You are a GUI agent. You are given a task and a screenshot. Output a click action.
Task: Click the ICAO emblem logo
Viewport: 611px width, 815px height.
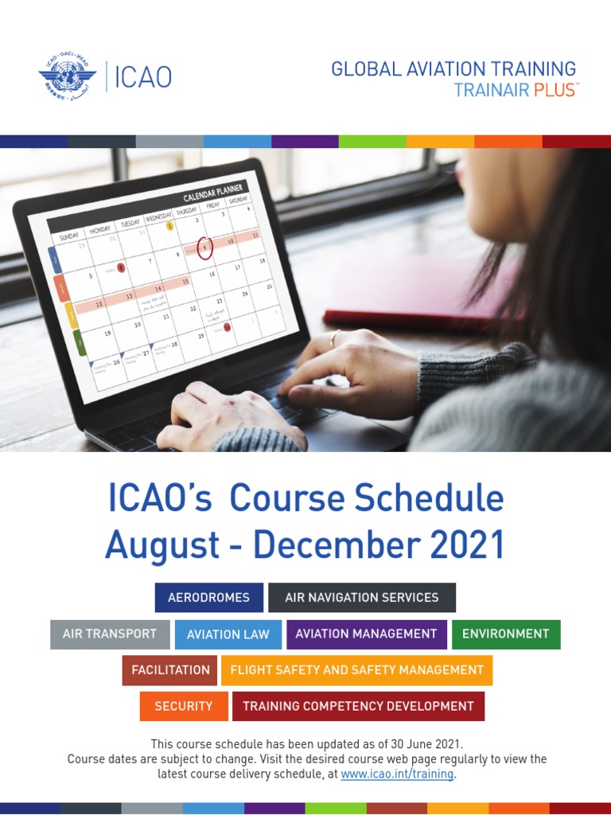click(x=67, y=78)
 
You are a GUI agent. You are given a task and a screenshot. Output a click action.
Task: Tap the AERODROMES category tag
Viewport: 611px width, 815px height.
click(x=208, y=598)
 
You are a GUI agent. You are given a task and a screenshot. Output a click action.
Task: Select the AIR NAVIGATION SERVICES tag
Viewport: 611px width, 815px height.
click(x=361, y=598)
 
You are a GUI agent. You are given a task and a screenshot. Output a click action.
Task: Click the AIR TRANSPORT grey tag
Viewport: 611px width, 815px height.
click(x=110, y=634)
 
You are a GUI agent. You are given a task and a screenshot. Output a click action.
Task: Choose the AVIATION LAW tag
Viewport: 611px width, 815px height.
click(x=228, y=634)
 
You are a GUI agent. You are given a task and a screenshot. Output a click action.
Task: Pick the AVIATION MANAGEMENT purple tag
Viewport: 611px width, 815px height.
click(x=366, y=634)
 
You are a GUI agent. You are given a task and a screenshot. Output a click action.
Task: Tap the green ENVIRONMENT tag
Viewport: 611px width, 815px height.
click(x=505, y=634)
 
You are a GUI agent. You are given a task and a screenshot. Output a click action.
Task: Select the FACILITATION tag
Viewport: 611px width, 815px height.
click(x=170, y=670)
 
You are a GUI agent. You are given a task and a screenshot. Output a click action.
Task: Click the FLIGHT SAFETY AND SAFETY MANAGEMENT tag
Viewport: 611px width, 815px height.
click(x=356, y=670)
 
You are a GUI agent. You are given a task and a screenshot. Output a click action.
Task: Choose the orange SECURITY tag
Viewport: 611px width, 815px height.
click(x=183, y=706)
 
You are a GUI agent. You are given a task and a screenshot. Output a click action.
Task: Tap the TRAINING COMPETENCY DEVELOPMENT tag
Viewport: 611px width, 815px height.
click(x=358, y=706)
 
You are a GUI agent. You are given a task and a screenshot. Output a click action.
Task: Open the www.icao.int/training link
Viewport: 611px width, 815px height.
click(x=397, y=774)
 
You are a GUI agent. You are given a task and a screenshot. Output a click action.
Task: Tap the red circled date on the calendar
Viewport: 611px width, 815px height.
click(x=204, y=248)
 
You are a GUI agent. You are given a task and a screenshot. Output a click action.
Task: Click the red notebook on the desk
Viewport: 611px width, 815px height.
click(x=422, y=291)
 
